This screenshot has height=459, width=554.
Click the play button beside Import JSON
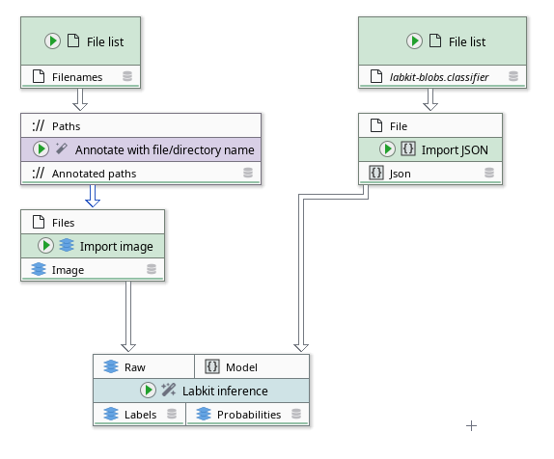[x=388, y=148]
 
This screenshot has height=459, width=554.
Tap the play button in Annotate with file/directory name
[x=41, y=149]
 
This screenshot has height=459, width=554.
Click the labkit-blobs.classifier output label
[x=438, y=76]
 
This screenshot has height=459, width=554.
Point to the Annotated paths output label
[x=94, y=174]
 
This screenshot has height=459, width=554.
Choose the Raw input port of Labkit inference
[x=134, y=367]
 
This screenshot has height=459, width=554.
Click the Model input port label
[x=241, y=367]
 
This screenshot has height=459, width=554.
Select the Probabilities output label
[x=248, y=415]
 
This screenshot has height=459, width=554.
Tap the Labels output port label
[x=140, y=415]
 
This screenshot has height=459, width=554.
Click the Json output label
[x=401, y=174]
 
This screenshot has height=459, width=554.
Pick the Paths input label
[x=67, y=125]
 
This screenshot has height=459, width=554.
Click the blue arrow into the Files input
[x=94, y=199]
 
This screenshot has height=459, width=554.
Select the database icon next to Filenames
[x=127, y=76]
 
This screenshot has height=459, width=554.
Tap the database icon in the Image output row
[x=152, y=271]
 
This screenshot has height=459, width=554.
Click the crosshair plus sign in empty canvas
[x=472, y=425]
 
